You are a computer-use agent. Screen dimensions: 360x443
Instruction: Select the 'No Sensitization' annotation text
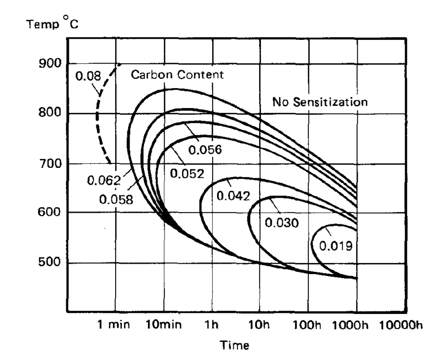[320, 102]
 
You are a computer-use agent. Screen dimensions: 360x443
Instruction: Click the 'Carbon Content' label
[177, 75]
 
